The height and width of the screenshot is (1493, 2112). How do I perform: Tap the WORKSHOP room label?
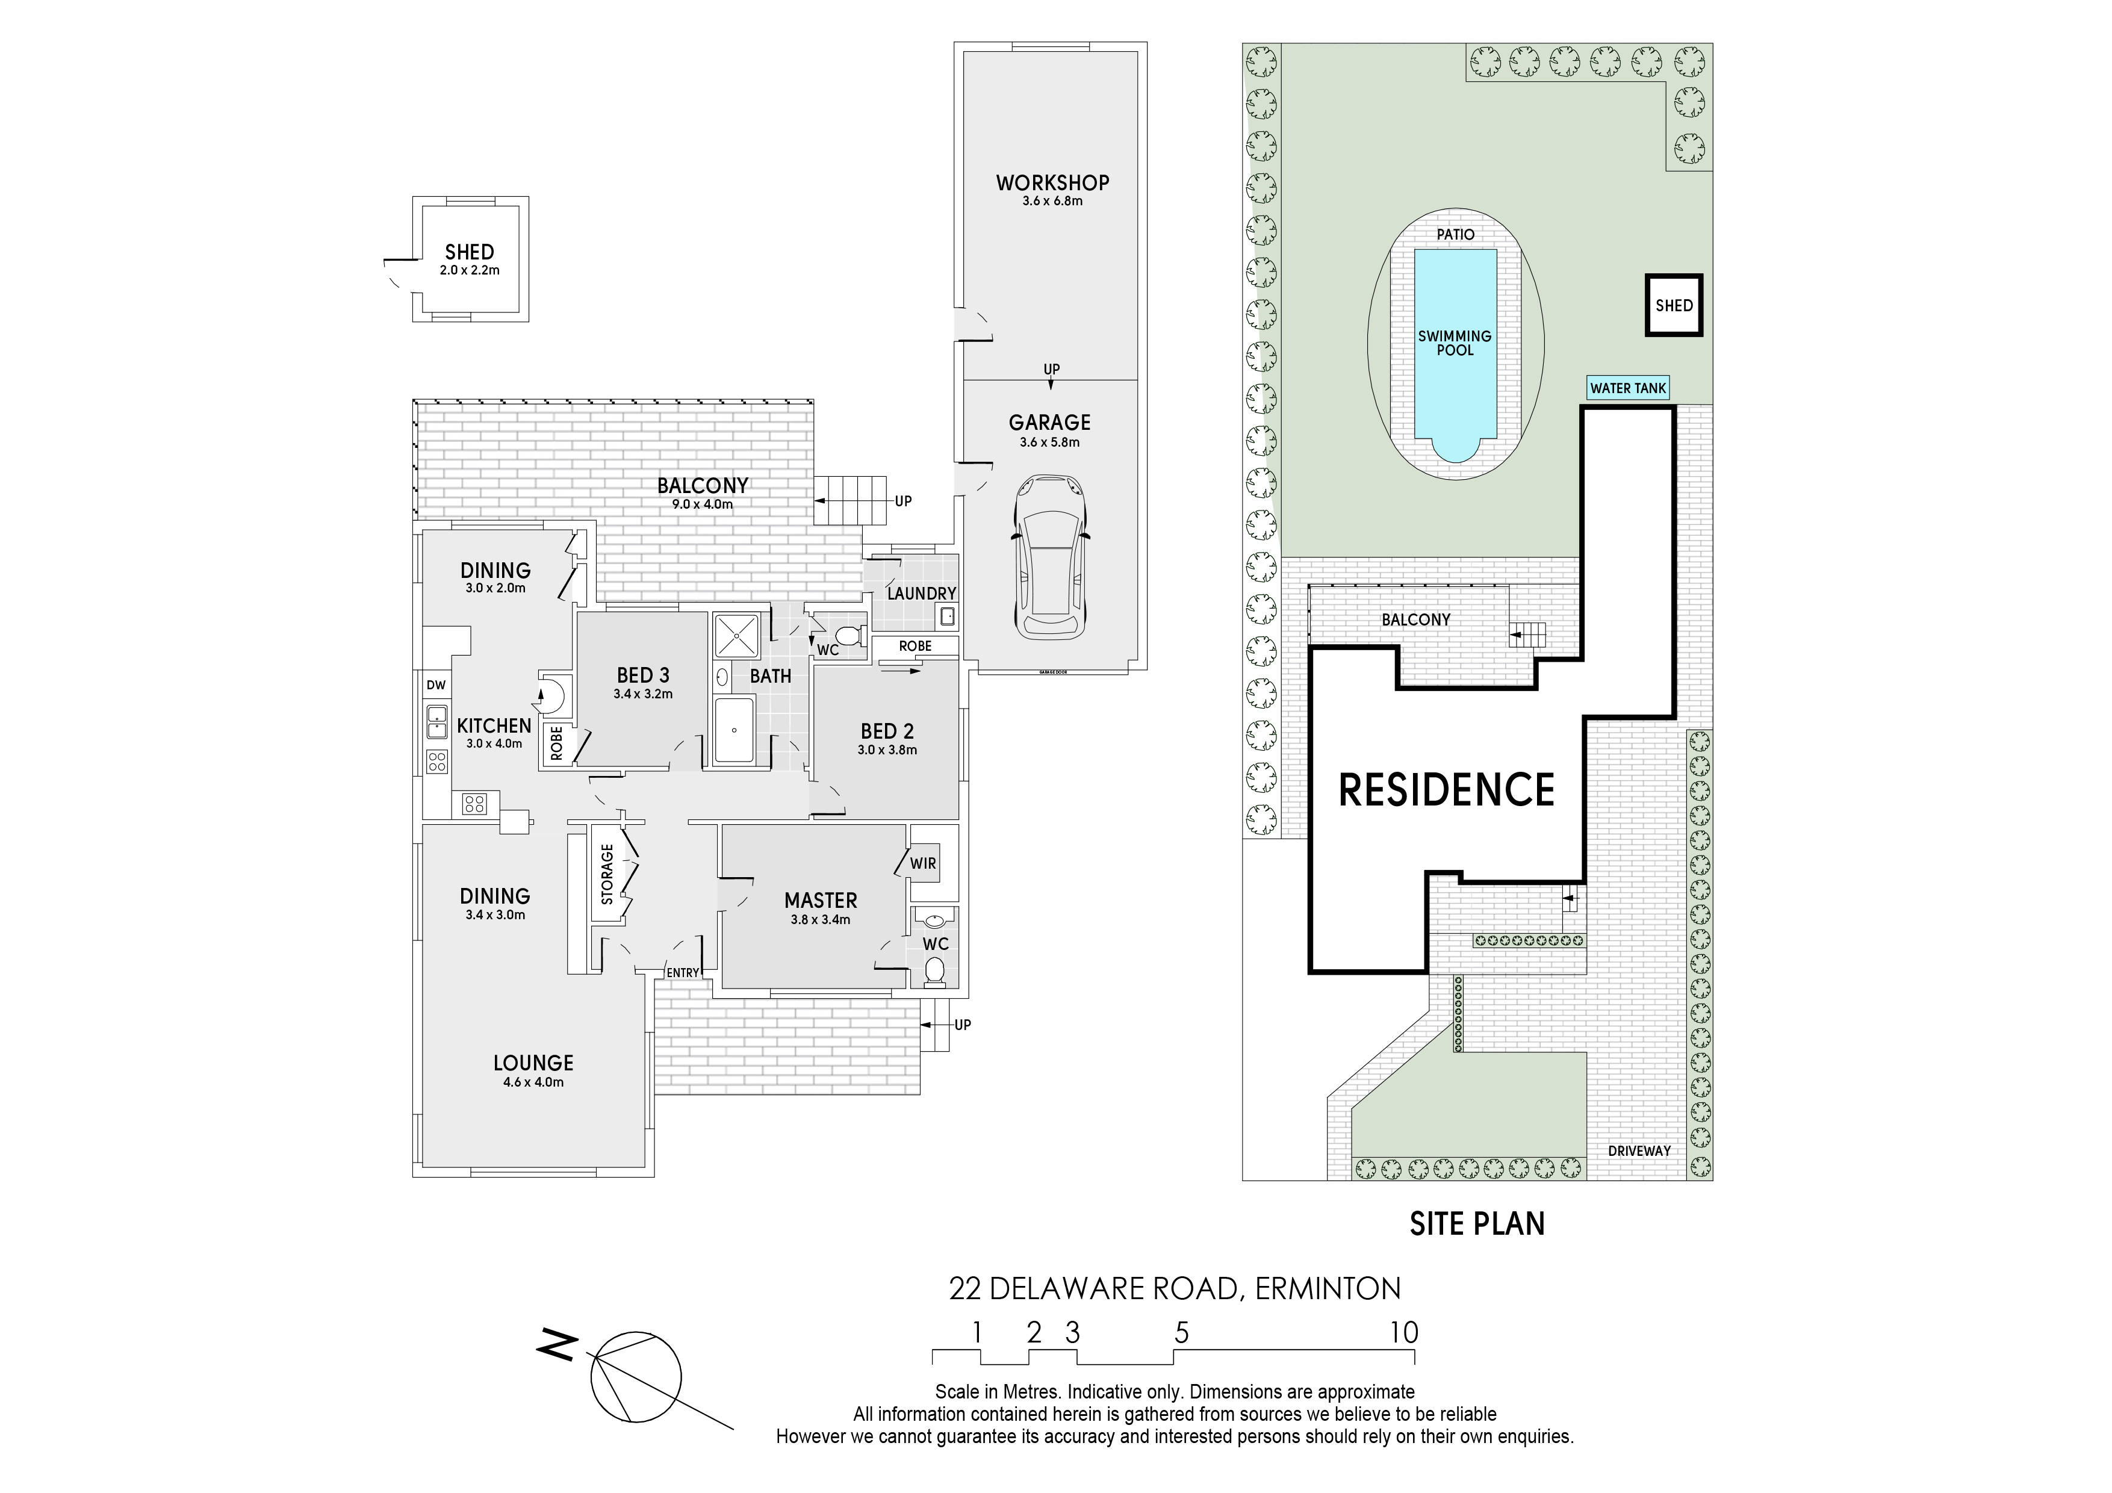coord(1052,183)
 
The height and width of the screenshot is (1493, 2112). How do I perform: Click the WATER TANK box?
coord(1628,388)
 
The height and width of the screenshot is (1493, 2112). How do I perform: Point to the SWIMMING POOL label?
coord(1455,343)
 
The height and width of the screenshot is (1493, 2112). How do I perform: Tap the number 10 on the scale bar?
coord(1404,1333)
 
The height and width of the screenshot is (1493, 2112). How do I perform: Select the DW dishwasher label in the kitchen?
coord(436,684)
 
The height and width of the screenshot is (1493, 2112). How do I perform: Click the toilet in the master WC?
coord(934,970)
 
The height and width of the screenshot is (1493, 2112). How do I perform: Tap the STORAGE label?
coord(606,874)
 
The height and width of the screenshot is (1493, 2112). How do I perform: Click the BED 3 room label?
coord(643,676)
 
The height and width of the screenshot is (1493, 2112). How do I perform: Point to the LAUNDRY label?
coord(922,594)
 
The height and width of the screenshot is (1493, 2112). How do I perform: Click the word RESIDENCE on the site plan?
coord(1446,789)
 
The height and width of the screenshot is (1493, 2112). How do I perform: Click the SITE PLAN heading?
coord(1477,1223)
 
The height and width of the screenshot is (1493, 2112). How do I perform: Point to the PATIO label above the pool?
coord(1455,235)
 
